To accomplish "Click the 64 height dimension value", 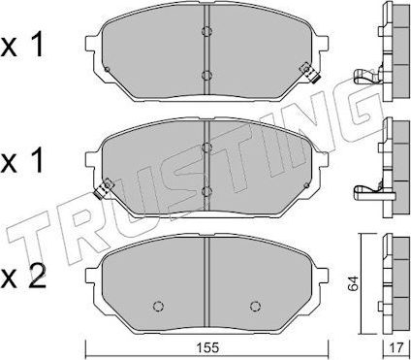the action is pyautogui.click(x=354, y=283).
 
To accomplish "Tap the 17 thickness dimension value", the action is pyautogui.click(x=396, y=348).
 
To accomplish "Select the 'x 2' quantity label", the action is pyautogui.click(x=23, y=278).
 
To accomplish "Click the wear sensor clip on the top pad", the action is pyautogui.click(x=310, y=73).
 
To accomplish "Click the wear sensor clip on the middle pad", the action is pyautogui.click(x=104, y=190).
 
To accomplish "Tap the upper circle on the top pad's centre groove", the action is pyautogui.click(x=206, y=31).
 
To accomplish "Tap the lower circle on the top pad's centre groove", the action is pyautogui.click(x=206, y=76).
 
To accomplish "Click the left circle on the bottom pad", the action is pyautogui.click(x=158, y=306).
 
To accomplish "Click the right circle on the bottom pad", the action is pyautogui.click(x=255, y=306).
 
